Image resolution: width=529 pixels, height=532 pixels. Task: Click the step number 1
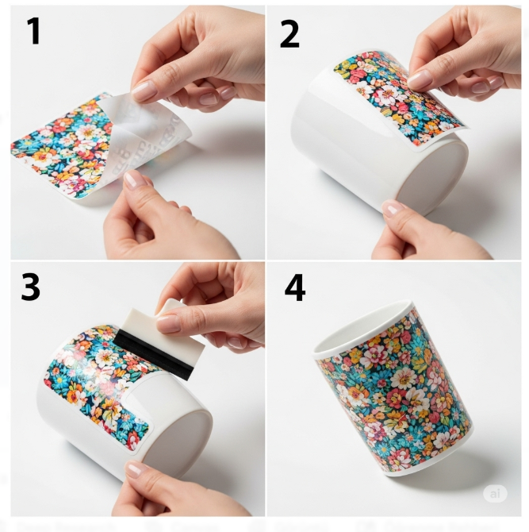point(33,31)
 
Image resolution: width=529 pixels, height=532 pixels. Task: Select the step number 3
point(30,287)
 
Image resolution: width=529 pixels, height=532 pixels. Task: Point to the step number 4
point(294,288)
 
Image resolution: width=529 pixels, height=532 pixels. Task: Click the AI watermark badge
point(495,493)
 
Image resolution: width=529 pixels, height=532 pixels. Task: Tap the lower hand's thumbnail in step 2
point(393,209)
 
